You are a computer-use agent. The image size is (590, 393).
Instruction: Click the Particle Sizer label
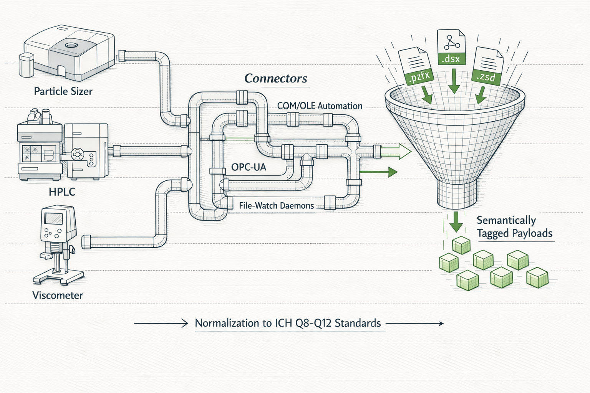63,91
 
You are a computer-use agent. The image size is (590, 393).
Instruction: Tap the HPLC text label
62,192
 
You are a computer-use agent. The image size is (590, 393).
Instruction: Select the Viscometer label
58,295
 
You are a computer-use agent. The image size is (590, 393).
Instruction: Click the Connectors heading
276,78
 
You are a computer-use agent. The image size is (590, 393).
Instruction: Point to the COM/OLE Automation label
320,106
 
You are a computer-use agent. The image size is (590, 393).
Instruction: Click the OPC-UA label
249,167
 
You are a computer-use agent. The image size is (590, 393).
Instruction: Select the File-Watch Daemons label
276,206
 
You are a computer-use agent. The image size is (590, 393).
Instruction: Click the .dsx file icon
451,47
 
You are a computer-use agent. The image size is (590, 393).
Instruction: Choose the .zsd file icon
488,66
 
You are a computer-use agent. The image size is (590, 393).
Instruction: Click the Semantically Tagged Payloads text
514,227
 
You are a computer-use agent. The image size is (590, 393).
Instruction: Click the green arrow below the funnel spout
456,222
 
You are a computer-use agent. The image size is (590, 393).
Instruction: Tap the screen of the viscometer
53,219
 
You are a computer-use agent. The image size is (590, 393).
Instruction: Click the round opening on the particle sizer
71,45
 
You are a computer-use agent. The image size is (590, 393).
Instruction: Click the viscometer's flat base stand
58,276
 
